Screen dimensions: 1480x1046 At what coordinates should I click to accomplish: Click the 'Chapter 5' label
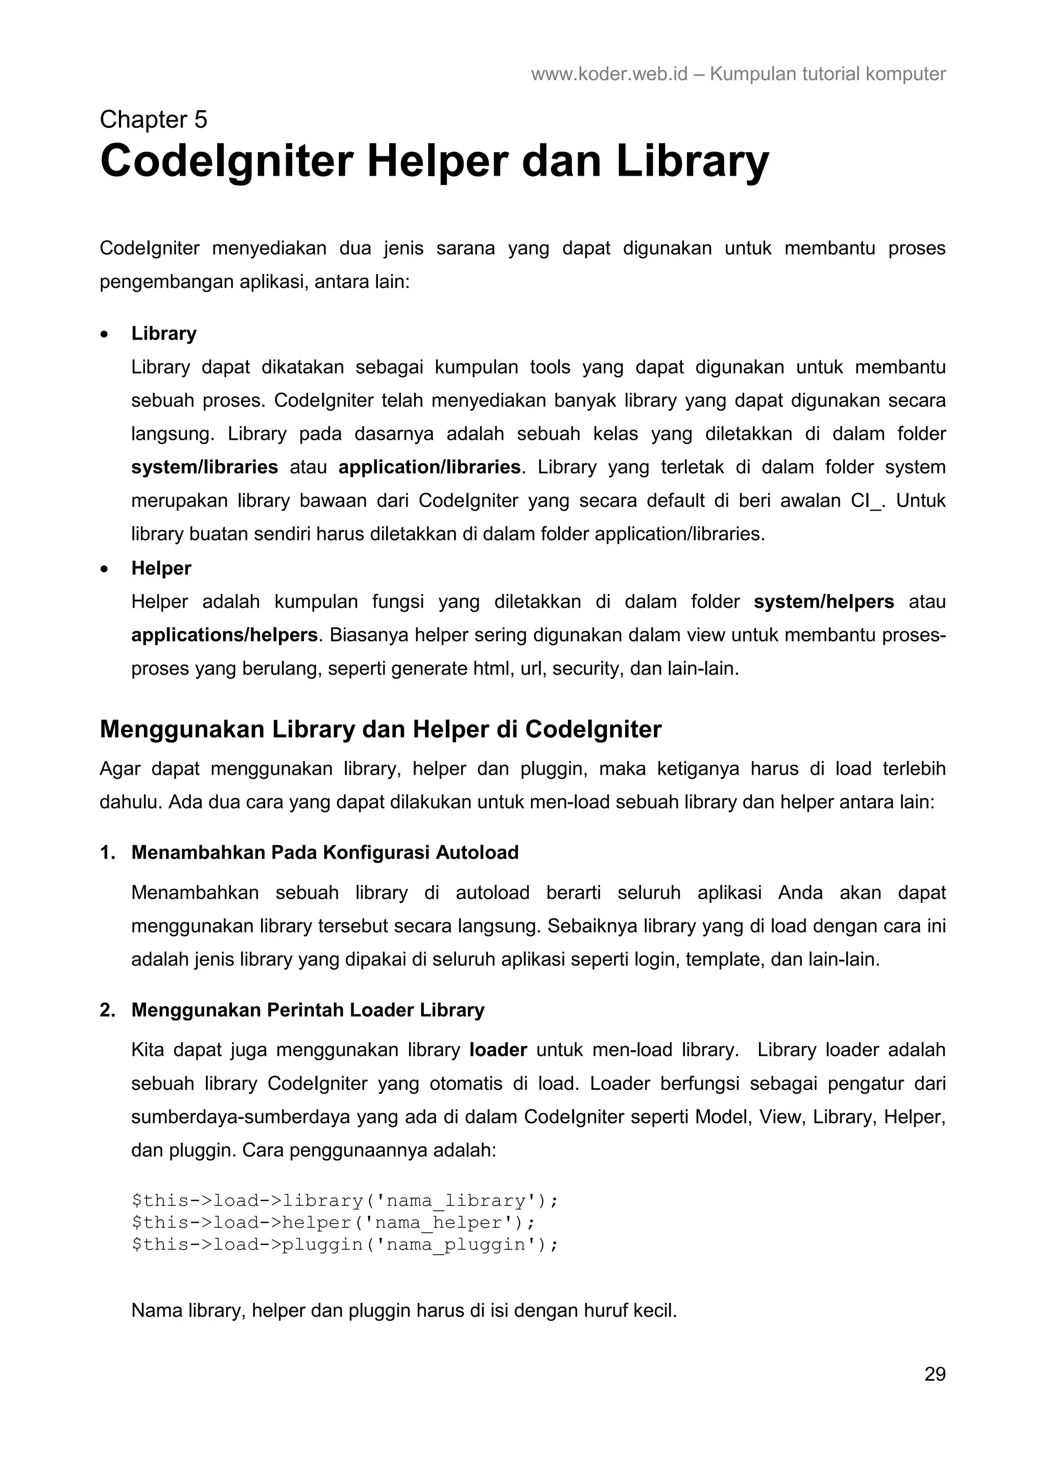(153, 120)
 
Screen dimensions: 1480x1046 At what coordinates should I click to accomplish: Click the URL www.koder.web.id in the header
(609, 74)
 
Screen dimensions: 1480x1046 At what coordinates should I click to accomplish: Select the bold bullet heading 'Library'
(164, 333)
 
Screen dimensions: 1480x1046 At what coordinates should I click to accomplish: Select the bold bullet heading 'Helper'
(161, 568)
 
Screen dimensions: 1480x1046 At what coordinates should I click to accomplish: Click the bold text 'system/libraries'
(204, 467)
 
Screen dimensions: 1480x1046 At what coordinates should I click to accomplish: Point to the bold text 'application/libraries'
(429, 467)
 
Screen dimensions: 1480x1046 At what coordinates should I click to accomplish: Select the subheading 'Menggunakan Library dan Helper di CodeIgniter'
(380, 729)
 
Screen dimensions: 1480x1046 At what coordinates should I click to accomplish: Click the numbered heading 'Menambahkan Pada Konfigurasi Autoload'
(325, 852)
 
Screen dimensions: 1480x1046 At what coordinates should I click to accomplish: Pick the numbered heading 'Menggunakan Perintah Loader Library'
(307, 1010)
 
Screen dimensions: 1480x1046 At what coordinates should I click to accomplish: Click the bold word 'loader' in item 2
(498, 1050)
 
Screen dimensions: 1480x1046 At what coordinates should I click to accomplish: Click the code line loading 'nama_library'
(344, 1200)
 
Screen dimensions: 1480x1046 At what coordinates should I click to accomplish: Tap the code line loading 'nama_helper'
(333, 1222)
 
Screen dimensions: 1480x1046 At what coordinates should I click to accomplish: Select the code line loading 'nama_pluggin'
(344, 1244)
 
